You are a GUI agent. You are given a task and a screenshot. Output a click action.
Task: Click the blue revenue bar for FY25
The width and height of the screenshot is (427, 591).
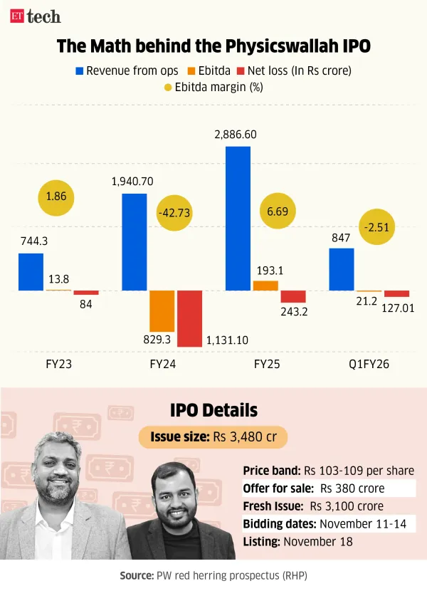(x=238, y=218)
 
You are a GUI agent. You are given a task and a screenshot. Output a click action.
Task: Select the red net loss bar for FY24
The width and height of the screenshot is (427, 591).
(x=189, y=318)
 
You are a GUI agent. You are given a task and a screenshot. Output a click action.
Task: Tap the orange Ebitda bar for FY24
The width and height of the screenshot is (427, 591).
(x=162, y=311)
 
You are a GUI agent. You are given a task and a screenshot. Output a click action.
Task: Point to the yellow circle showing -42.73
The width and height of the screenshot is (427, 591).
(x=176, y=213)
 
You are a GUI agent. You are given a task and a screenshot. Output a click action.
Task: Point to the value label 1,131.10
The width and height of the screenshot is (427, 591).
(x=227, y=340)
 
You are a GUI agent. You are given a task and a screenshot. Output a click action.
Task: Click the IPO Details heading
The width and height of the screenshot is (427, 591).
(x=213, y=410)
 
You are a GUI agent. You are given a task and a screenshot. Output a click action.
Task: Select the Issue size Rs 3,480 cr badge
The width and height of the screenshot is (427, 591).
(x=213, y=436)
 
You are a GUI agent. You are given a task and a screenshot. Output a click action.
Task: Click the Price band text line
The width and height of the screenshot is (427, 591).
(x=328, y=471)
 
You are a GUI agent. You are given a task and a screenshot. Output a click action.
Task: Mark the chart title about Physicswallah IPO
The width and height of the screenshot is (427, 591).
(x=213, y=47)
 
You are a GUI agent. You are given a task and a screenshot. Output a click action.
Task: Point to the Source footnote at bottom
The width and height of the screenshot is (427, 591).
(x=213, y=573)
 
